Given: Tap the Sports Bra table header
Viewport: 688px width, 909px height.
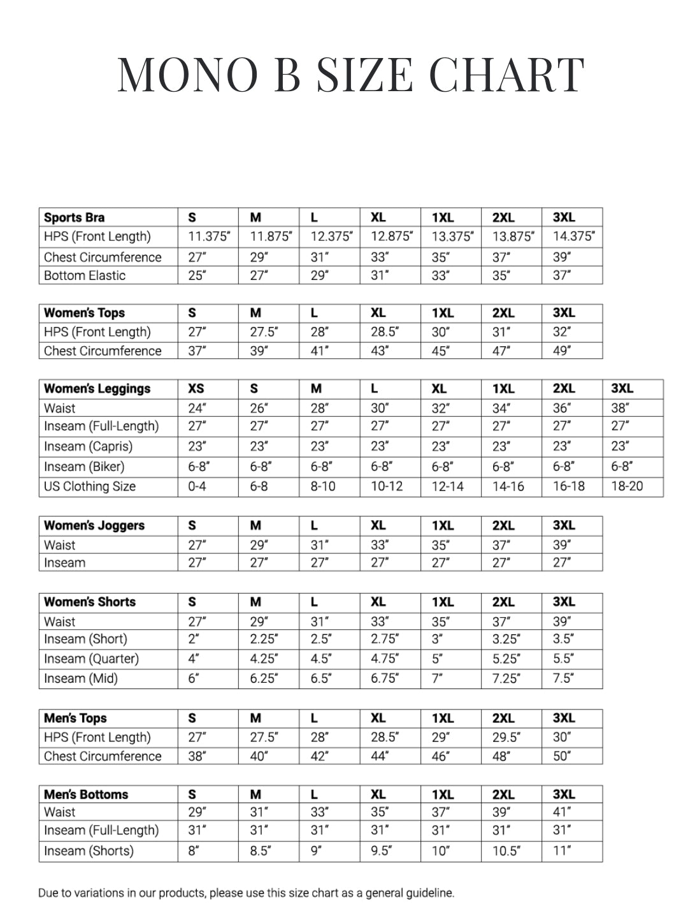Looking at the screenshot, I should (x=75, y=217).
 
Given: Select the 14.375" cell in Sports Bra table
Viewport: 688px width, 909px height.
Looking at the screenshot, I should (x=573, y=236).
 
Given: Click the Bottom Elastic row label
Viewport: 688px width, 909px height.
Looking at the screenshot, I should (x=85, y=275).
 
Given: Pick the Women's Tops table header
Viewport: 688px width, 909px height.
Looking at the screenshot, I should (x=84, y=313).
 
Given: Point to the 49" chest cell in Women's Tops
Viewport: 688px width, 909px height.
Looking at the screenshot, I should (x=561, y=351).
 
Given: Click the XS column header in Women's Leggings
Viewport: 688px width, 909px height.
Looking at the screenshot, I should (x=196, y=389).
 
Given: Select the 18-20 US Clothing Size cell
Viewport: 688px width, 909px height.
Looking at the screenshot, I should (x=627, y=486).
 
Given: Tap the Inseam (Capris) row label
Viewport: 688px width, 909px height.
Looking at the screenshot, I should (x=88, y=446).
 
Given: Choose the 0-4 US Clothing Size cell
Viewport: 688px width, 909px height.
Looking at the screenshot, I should (x=197, y=486).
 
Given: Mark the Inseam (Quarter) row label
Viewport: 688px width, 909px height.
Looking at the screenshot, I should (x=91, y=658).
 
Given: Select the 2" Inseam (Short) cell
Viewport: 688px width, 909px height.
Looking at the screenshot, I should (x=193, y=639).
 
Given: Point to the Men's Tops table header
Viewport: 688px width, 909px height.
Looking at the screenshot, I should (x=75, y=718).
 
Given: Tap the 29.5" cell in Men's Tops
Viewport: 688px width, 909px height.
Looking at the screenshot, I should (x=506, y=738).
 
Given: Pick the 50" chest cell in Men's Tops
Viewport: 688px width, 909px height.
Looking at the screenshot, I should (x=561, y=757).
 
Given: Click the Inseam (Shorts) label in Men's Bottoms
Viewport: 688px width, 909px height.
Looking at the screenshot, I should (x=89, y=851).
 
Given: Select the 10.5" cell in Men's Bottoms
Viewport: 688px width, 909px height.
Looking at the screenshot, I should (x=506, y=851).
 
